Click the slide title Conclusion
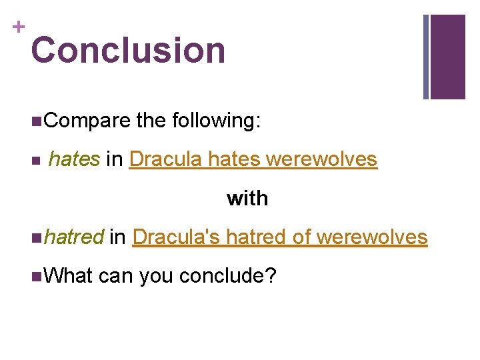click(x=128, y=51)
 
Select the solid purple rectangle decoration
click(x=448, y=57)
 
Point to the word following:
click(x=217, y=121)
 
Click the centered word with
click(x=247, y=199)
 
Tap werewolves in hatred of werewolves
click(x=372, y=237)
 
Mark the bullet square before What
click(x=35, y=276)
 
